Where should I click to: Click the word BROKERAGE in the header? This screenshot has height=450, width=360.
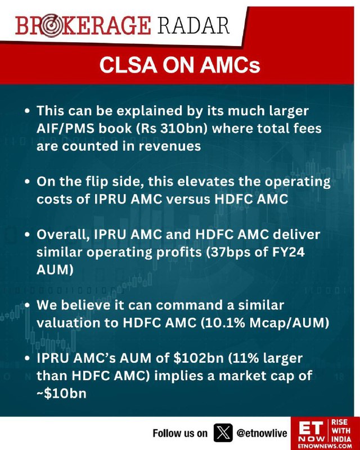[83, 26]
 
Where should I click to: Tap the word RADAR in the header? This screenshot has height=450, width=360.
[193, 25]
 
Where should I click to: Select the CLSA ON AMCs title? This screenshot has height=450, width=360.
[179, 65]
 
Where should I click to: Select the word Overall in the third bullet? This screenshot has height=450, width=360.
[62, 235]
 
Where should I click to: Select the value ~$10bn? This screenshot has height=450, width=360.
[61, 393]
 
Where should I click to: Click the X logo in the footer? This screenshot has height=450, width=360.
[223, 433]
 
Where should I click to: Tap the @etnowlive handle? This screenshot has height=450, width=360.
[262, 433]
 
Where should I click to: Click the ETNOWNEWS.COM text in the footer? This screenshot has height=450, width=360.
[325, 446]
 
